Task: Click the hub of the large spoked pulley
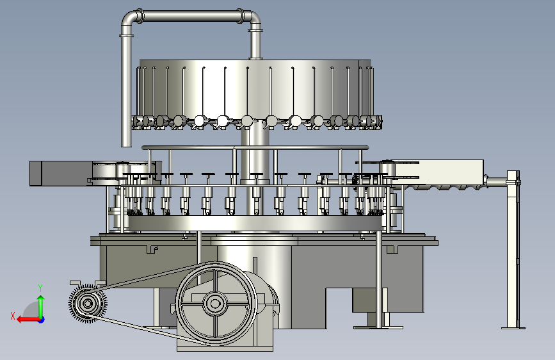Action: point(214,303)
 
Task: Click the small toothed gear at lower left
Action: point(88,303)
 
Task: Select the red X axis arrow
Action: point(28,320)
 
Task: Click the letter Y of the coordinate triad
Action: point(40,288)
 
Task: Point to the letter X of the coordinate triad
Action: point(13,316)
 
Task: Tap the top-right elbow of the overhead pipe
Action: point(252,19)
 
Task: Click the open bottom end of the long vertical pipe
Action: point(126,145)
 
